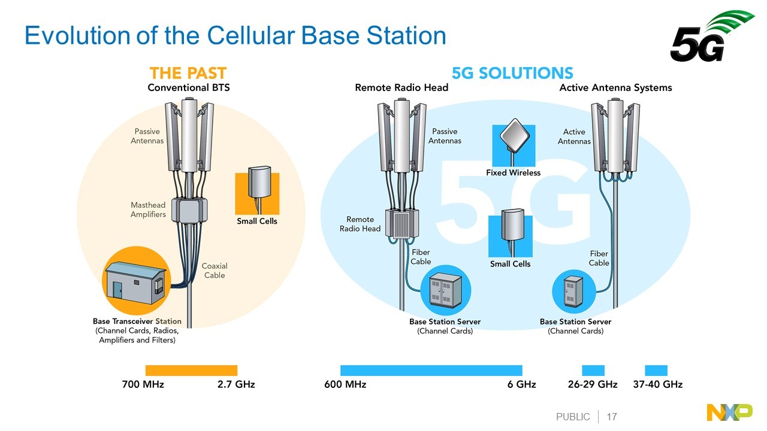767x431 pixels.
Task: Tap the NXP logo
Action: [729, 412]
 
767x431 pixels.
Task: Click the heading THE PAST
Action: [188, 73]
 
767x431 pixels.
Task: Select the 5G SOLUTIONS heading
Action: [512, 73]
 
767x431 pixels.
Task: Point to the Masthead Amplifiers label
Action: [148, 210]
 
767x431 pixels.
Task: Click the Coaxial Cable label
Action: [215, 271]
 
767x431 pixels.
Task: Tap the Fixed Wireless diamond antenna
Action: [515, 135]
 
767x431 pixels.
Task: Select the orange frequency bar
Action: [191, 371]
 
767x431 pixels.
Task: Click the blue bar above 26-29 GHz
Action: [593, 371]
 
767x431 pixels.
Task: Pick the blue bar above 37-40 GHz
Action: [656, 371]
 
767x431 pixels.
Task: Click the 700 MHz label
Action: [143, 384]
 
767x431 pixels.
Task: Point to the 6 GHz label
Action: [521, 384]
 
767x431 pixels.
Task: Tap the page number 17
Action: [612, 417]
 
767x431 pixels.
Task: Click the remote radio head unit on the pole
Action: [402, 223]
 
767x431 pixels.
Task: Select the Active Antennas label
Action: [574, 136]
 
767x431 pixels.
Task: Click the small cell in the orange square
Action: [259, 183]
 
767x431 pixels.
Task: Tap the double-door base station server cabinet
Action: [445, 289]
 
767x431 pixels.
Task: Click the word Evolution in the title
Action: [77, 35]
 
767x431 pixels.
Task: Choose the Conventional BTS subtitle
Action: [189, 88]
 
